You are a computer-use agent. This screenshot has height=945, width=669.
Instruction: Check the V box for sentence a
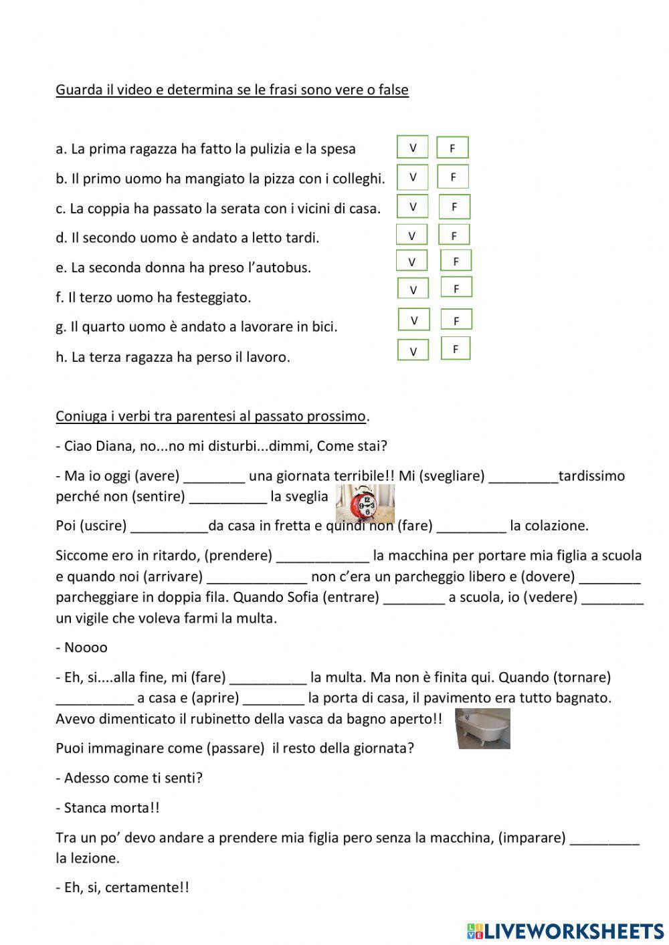[x=413, y=147]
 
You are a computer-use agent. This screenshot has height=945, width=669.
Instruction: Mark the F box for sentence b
[x=453, y=177]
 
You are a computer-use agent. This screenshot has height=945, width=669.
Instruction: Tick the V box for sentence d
[x=412, y=235]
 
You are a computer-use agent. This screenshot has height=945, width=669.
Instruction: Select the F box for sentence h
[x=456, y=349]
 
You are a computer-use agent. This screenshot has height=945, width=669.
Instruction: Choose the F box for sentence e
[x=456, y=261]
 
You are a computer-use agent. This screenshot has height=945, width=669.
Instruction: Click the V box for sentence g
[x=414, y=320]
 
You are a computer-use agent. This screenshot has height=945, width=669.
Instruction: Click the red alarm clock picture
[x=365, y=503]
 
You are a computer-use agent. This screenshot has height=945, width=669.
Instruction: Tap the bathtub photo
[x=482, y=728]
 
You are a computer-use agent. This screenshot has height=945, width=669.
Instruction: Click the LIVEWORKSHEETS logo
[x=565, y=930]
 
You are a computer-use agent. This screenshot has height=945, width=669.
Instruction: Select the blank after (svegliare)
[x=523, y=477]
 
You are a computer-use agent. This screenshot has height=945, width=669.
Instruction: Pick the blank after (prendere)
[x=322, y=556]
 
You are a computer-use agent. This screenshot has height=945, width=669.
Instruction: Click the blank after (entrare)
[x=414, y=597]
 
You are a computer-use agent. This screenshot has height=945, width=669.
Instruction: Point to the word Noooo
[x=86, y=647]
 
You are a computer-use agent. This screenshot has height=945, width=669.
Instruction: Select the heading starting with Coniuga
[x=211, y=417]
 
